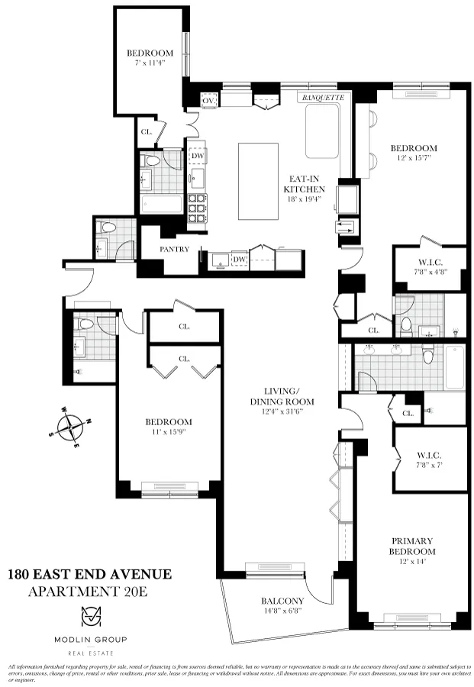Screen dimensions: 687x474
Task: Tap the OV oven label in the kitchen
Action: pos(207,101)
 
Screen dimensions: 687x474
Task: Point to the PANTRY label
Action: pos(174,249)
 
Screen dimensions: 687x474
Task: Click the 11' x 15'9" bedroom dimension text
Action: pos(169,432)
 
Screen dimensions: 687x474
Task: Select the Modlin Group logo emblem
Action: pos(89,618)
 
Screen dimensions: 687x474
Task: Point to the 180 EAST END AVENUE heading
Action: pos(89,574)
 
